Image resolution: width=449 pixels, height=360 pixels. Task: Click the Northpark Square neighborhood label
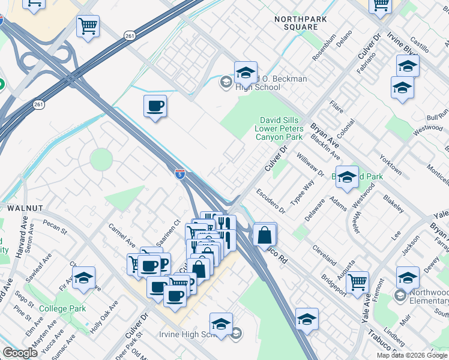[x=295, y=23]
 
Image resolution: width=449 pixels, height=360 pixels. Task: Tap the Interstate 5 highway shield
[x=180, y=174]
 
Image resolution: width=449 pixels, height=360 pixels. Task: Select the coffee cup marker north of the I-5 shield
[x=155, y=107]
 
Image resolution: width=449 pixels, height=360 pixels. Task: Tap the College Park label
[x=62, y=309]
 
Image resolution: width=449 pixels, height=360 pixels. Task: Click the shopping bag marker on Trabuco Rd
[x=264, y=235]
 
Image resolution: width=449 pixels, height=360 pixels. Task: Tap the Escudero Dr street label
[x=271, y=202]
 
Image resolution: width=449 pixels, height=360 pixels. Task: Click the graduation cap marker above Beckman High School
[x=245, y=72]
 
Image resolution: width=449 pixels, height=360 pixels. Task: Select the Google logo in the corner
[x=20, y=353]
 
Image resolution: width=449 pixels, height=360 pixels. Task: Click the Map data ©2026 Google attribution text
[x=412, y=355]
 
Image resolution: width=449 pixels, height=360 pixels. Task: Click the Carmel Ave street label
[x=122, y=236]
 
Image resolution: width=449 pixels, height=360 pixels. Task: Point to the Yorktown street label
[x=390, y=164]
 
